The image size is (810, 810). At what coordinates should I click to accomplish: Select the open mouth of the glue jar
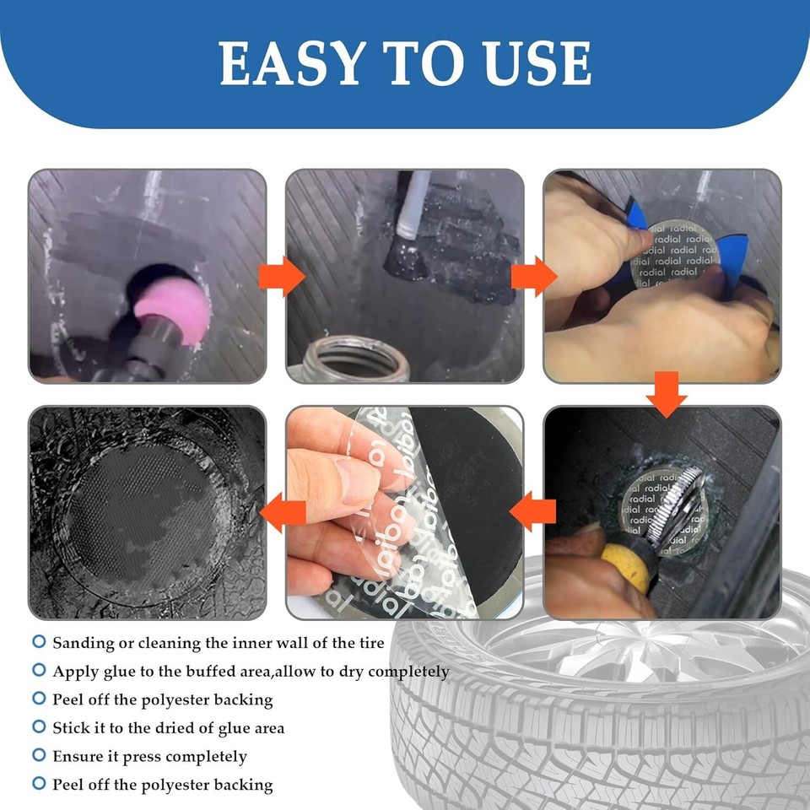point(354,359)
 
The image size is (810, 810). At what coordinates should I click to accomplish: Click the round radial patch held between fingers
point(670,249)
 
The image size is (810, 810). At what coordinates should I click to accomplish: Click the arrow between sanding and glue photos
point(281,276)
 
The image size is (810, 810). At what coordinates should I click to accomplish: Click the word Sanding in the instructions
point(83,643)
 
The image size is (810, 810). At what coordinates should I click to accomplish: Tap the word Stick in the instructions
point(70,727)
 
